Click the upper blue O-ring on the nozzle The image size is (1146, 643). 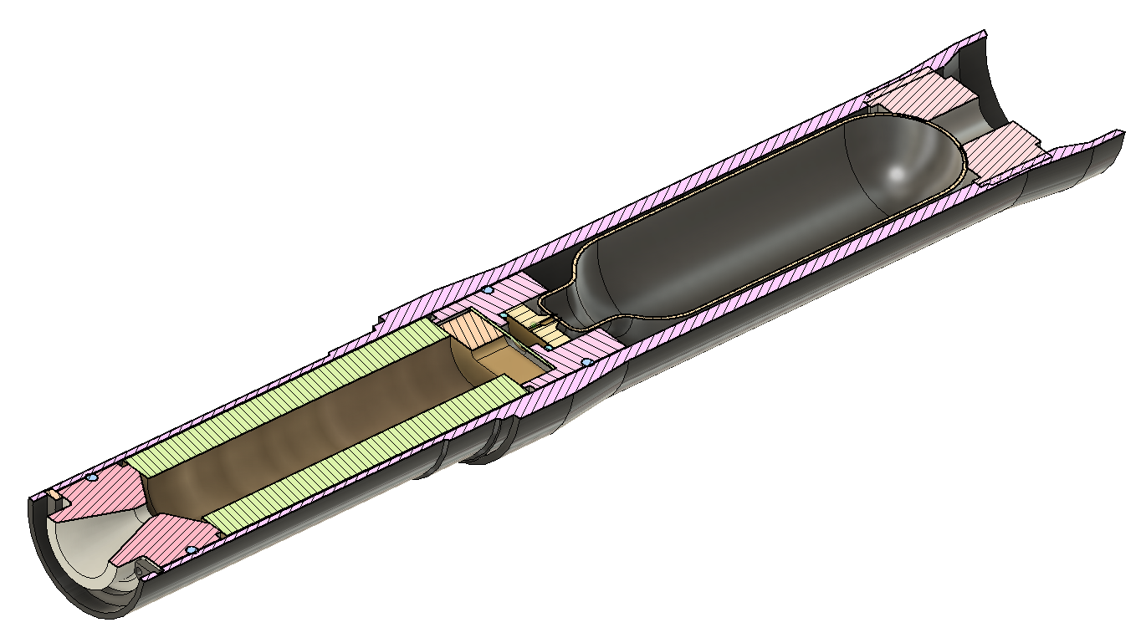[x=92, y=477]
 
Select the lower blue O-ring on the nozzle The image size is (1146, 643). [x=191, y=549]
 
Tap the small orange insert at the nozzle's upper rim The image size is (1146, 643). [x=55, y=494]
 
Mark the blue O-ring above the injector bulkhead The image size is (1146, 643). [x=487, y=289]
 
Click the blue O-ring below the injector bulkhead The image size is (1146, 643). [x=587, y=362]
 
